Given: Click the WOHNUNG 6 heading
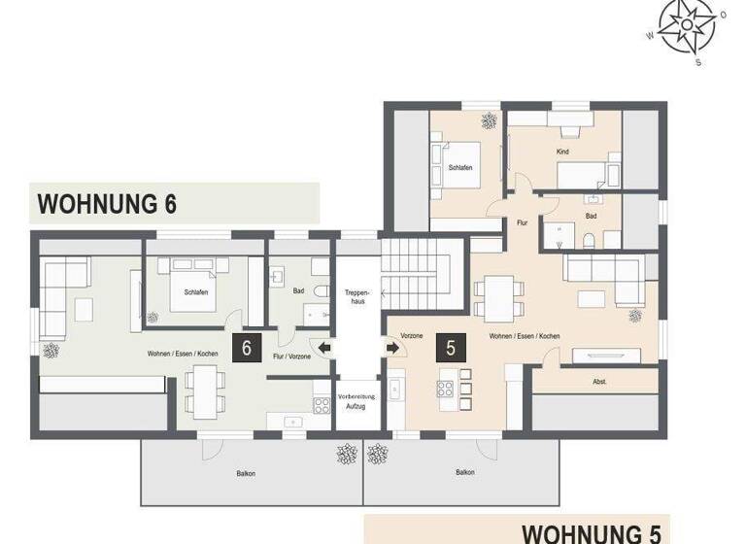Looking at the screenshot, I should [x=107, y=205].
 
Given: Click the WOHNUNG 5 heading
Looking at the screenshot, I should [x=592, y=532].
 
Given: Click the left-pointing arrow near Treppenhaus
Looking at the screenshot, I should [x=324, y=347].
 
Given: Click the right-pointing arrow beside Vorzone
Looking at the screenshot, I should [x=391, y=347].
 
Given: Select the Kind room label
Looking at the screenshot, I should [x=562, y=153].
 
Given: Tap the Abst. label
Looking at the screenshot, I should [x=599, y=382].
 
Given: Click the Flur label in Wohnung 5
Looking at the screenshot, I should [x=522, y=223].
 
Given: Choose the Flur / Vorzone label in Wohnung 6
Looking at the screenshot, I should [x=293, y=357].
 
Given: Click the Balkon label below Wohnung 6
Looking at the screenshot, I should [x=246, y=473].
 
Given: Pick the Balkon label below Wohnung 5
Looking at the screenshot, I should [x=465, y=473].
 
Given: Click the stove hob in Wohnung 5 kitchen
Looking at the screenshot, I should [x=446, y=391].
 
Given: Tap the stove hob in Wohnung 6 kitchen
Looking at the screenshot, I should [x=322, y=405].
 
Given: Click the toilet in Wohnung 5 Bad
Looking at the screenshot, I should [x=590, y=238].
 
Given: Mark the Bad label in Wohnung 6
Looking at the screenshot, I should [x=299, y=290].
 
